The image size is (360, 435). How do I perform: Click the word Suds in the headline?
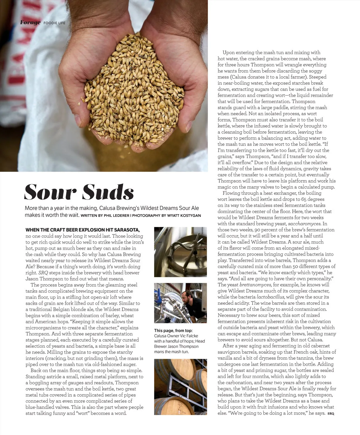click(108, 192)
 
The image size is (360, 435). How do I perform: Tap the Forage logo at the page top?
click(30, 22)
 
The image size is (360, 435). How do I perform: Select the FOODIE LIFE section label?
click(54, 23)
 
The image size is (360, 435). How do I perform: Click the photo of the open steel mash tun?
click(180, 252)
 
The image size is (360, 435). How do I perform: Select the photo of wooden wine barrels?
click(180, 387)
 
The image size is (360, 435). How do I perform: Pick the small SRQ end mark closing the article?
click(331, 413)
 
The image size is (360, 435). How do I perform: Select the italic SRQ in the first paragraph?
click(43, 273)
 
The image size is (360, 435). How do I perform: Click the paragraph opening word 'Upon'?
click(229, 52)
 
